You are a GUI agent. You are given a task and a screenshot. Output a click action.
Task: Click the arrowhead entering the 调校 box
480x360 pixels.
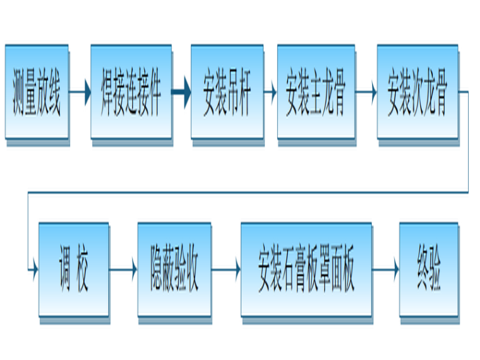click(34, 270)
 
